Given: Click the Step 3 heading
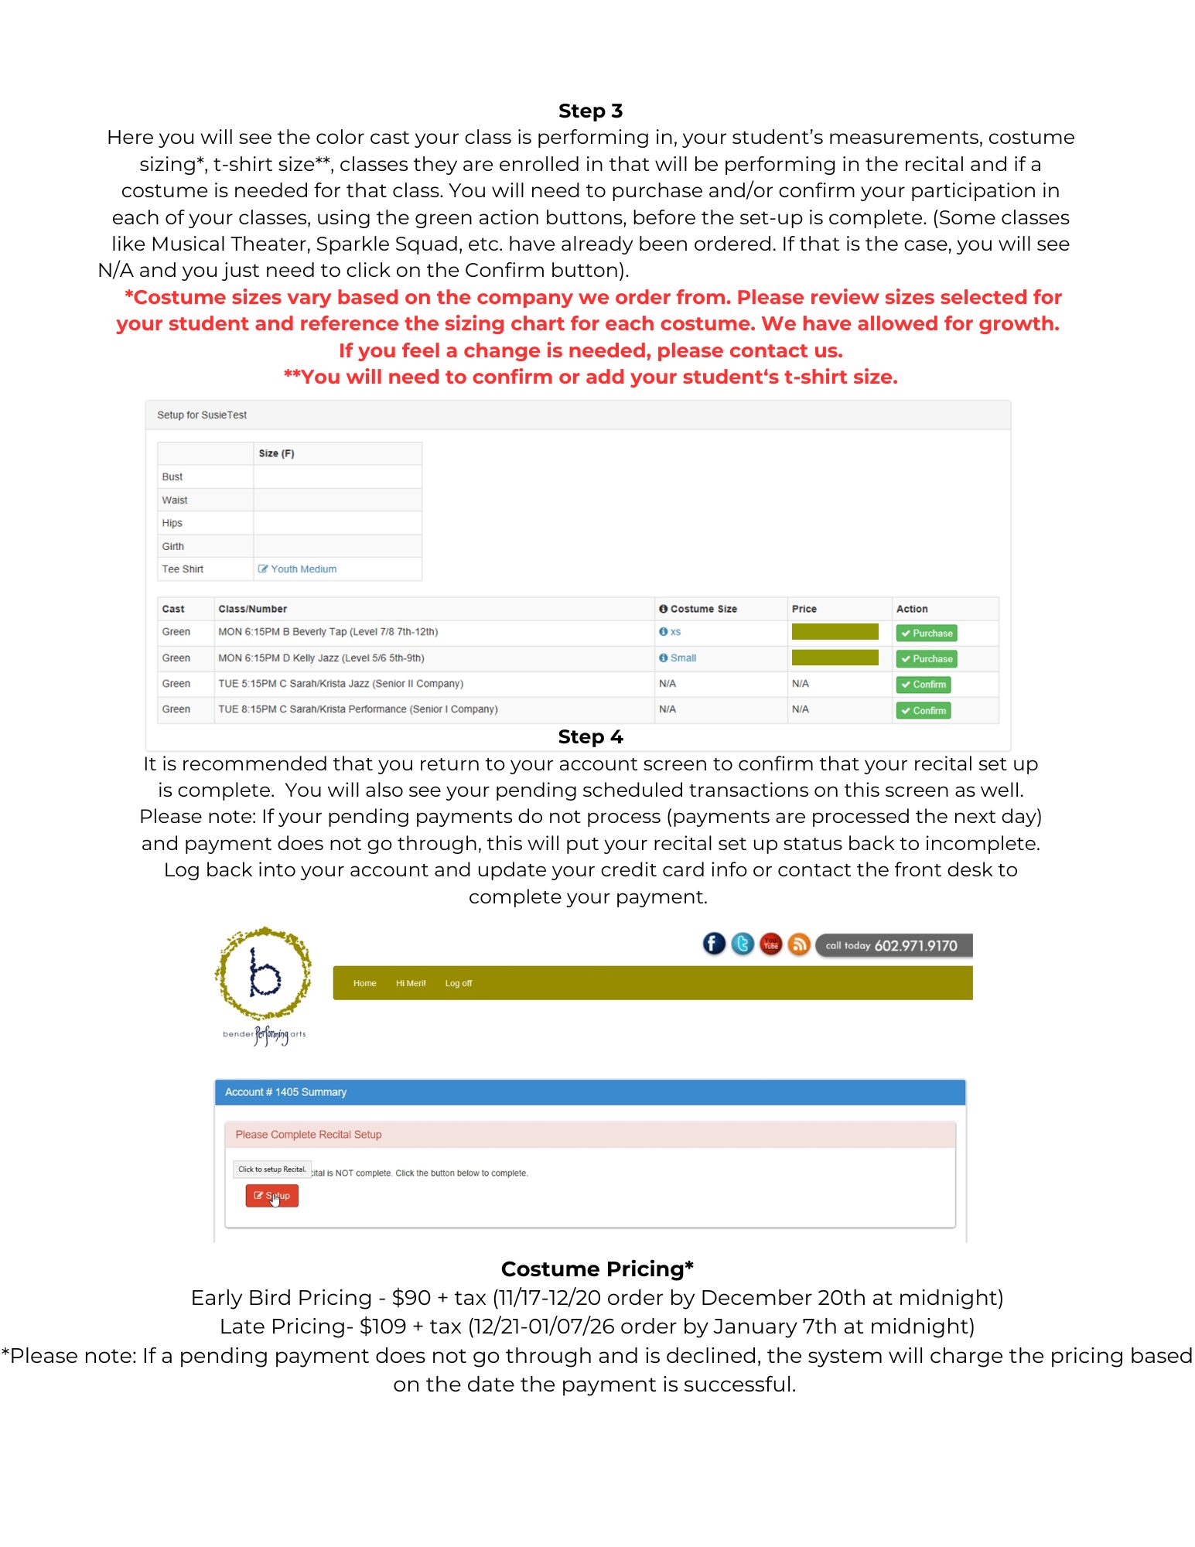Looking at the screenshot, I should click(x=590, y=111).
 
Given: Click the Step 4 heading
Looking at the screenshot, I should click(x=590, y=737).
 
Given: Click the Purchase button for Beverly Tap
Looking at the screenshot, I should click(x=927, y=633).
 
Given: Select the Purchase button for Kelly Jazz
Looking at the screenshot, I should click(x=927, y=659).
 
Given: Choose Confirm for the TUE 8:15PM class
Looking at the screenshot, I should click(x=924, y=711).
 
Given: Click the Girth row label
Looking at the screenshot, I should click(x=173, y=547).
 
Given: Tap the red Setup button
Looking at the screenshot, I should click(x=272, y=1196).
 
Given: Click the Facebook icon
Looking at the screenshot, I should click(x=714, y=944).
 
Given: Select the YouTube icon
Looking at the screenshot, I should click(x=771, y=944).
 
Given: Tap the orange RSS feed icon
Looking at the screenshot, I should click(x=799, y=944).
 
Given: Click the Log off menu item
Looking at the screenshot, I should click(x=458, y=984).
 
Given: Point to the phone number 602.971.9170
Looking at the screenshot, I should click(x=915, y=946).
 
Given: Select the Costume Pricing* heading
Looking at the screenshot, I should click(x=597, y=1269).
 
